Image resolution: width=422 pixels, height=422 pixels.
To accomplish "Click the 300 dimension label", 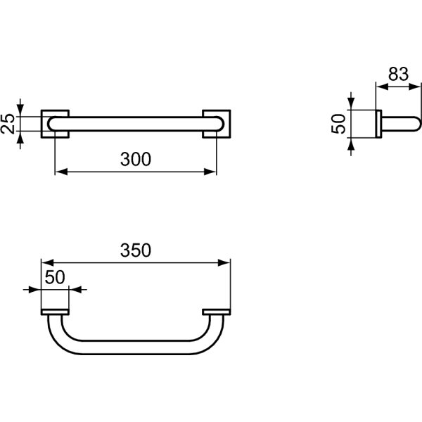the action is tap(136, 159).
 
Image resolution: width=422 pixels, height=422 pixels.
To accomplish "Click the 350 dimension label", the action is tap(136, 250).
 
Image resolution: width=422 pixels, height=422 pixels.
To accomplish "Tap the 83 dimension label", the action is tap(398, 74).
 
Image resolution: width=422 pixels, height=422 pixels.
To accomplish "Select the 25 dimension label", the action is tap(8, 124).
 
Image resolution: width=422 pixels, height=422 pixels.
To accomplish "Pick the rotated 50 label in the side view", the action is tap(338, 124).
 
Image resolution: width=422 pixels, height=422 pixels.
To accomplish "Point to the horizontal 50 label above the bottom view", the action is tap(55, 277).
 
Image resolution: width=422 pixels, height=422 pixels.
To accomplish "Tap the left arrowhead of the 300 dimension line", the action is tap(61, 172).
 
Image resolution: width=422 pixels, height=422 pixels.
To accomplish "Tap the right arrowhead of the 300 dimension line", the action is tap(210, 172).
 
